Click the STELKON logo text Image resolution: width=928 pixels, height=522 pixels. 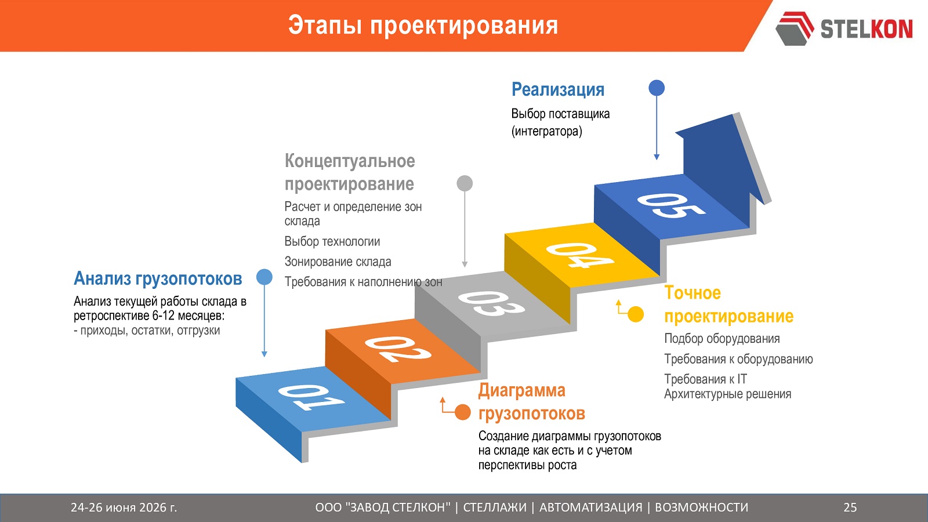coord(867,29)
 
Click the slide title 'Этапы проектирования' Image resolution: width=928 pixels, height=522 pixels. coord(423,26)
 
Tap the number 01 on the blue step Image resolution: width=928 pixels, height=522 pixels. coord(311,397)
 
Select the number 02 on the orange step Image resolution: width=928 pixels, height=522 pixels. coord(398,349)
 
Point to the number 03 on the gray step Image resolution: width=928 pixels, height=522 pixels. coord(491,304)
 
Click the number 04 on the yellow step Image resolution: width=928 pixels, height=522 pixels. coord(580,255)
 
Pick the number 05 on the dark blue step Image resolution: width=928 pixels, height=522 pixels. coord(671,205)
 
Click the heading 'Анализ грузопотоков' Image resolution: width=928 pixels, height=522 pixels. coord(158,279)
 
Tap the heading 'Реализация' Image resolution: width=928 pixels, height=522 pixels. coord(558,90)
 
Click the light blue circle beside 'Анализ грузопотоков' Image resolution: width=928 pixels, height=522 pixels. coord(264,277)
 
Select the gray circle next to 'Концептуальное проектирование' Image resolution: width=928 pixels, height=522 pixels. coord(465,183)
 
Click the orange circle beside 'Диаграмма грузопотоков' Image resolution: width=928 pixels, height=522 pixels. coord(463,412)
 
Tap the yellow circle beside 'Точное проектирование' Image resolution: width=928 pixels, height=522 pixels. coord(636,314)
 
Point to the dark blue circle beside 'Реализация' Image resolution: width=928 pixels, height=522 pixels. coord(657,88)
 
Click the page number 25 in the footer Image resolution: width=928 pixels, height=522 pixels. coord(850,507)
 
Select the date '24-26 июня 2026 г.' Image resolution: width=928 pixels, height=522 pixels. coord(124,507)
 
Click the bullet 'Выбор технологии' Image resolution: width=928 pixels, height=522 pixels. coord(332,241)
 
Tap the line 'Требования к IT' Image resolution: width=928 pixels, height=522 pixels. coord(705,379)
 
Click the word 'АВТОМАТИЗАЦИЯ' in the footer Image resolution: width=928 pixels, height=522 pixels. coord(591,507)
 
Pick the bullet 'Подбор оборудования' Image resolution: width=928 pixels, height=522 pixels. coord(722,339)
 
